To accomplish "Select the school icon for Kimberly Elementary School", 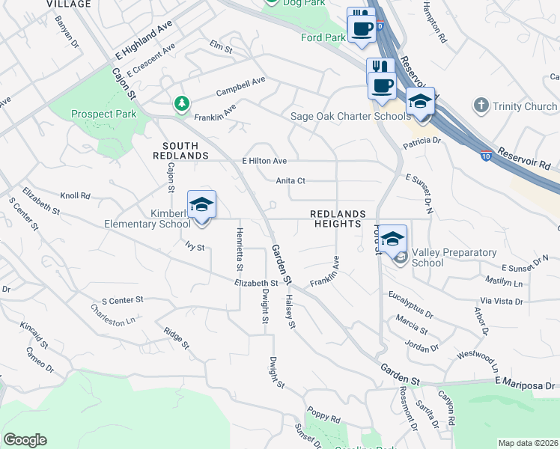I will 202,204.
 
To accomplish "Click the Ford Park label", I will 323,37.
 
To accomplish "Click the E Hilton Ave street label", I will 264,161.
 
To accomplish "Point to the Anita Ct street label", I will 290,180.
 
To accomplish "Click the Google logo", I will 25,440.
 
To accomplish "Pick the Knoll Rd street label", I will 75,196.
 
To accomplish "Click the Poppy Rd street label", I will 323,412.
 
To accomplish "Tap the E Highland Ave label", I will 144,46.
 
